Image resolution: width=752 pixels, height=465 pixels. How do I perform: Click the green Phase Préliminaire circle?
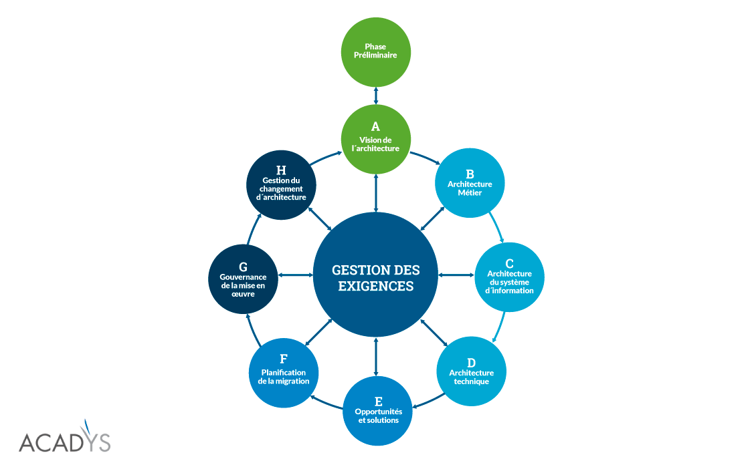375,52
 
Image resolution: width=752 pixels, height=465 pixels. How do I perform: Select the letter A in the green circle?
375,126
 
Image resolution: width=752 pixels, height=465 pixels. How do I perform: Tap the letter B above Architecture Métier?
470,174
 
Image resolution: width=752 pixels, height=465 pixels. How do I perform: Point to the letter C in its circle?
510,263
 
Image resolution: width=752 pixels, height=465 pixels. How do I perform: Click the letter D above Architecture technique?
471,363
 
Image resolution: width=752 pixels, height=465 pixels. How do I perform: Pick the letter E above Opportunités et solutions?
378,401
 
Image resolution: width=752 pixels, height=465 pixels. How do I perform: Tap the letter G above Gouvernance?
243,267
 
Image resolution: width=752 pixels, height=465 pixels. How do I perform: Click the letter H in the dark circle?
281,170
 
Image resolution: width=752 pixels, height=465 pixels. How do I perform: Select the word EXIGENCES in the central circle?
376,287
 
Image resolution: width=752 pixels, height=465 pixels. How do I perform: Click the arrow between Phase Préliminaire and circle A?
376,94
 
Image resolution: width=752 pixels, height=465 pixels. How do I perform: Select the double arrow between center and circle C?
456,274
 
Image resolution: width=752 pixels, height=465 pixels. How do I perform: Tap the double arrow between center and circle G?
296,275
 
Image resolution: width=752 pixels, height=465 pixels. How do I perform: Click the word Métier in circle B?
470,193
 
